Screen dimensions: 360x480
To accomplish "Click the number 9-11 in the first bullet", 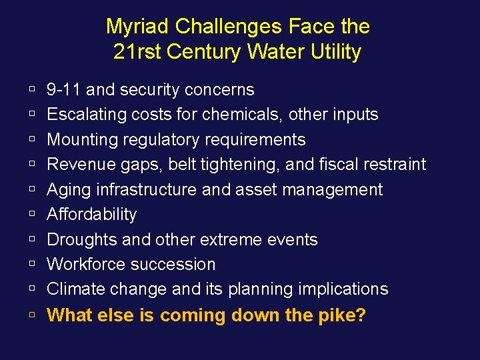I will point(64,89).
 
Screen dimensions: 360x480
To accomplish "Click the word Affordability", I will point(92,215).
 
